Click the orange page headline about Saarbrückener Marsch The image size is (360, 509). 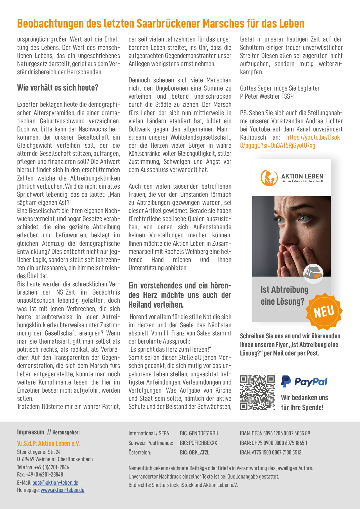(x=161, y=24)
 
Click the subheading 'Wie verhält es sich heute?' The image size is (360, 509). (x=58, y=88)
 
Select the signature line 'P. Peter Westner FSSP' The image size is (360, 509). (x=267, y=96)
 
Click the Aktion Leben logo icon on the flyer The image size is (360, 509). (x=269, y=178)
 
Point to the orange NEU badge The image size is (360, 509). (x=324, y=312)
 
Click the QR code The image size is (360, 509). (x=257, y=392)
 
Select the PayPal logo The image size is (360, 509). (x=304, y=381)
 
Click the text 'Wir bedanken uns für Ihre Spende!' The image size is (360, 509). (x=304, y=402)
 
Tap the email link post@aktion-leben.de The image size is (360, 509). (x=55, y=483)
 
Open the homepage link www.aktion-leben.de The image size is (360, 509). (x=62, y=490)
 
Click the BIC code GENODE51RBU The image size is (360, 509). (x=199, y=433)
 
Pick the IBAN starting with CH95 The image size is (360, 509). (x=273, y=443)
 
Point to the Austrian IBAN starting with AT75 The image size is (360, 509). (x=271, y=452)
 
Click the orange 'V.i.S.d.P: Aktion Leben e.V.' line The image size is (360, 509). (x=48, y=443)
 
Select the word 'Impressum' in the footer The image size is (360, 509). (x=30, y=432)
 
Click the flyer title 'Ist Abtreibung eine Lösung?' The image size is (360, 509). (x=285, y=295)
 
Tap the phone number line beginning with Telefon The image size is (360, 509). (x=43, y=467)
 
